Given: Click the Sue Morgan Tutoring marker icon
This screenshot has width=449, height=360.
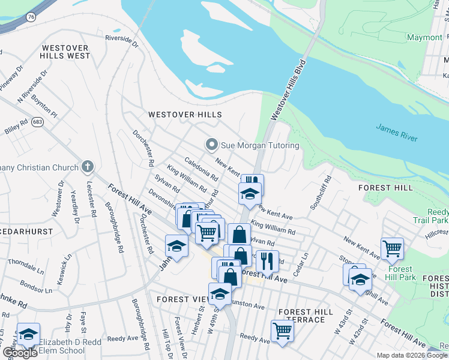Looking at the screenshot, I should (x=211, y=145).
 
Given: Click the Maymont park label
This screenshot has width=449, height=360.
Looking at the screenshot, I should (x=424, y=37).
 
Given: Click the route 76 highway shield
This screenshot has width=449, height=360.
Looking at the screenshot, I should (x=30, y=17).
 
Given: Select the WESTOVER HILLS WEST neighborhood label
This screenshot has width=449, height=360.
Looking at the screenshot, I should (x=65, y=52).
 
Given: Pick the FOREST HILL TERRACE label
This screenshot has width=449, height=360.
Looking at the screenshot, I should (x=306, y=316).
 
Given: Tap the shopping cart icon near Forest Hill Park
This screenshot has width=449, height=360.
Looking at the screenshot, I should (x=391, y=247).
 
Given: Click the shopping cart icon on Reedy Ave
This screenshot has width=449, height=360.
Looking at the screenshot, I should (x=282, y=329).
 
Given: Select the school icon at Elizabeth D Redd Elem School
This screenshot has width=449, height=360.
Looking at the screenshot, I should (x=28, y=334).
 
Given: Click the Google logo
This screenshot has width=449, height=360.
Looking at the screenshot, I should (x=20, y=353).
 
